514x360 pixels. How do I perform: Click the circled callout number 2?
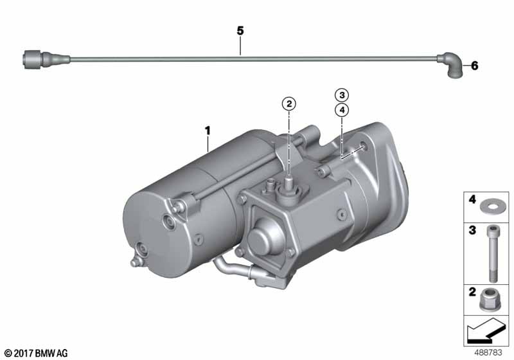coord(288,104)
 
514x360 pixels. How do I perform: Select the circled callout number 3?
coord(342,95)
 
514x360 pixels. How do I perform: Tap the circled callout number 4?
coord(342,110)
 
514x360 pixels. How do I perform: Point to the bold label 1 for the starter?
coord(207,130)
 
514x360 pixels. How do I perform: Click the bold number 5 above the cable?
coord(240,31)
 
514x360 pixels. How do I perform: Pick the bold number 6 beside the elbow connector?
coord(474,66)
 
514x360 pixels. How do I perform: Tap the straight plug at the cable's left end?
coord(46,60)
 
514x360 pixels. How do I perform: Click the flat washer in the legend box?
coord(488,207)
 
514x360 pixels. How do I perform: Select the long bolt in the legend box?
coord(492,254)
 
